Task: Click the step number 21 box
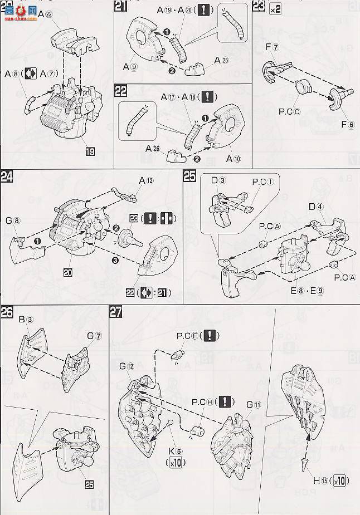pos(121,7)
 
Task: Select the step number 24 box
pos(7,178)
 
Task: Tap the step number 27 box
pos(116,313)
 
